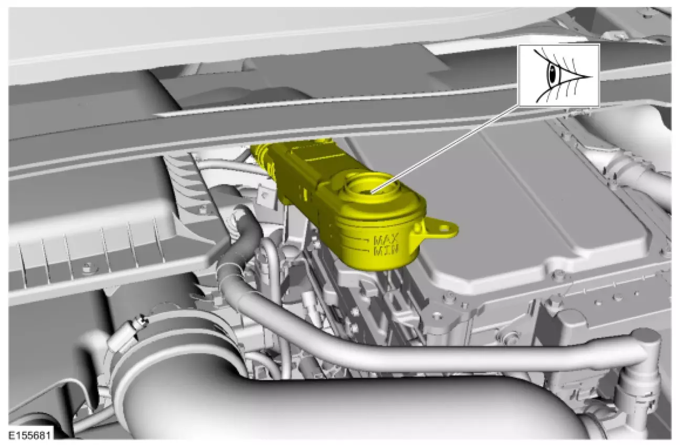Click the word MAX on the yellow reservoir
click(386, 240)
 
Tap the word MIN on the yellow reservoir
click(386, 251)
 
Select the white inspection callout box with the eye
click(559, 75)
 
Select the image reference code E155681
click(29, 435)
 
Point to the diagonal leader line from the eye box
click(445, 148)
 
